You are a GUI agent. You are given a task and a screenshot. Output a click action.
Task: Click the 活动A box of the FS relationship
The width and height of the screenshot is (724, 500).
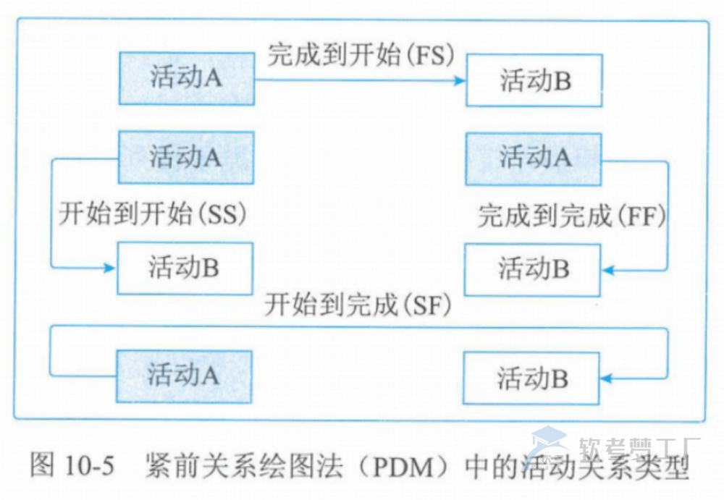click(186, 78)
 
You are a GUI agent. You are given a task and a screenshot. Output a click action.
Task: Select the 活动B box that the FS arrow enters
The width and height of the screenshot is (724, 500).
click(534, 80)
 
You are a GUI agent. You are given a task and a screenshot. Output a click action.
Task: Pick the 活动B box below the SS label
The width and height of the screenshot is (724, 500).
click(185, 268)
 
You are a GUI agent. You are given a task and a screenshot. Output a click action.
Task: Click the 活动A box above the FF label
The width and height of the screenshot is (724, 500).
click(534, 158)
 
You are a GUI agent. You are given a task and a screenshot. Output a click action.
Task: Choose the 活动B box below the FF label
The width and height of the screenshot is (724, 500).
click(532, 269)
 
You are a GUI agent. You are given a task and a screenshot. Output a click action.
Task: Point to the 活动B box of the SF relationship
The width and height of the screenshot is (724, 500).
click(532, 378)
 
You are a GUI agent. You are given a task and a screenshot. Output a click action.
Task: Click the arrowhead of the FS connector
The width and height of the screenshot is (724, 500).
click(459, 80)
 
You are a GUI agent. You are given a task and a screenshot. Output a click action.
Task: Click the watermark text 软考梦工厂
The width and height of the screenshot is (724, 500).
click(637, 449)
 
